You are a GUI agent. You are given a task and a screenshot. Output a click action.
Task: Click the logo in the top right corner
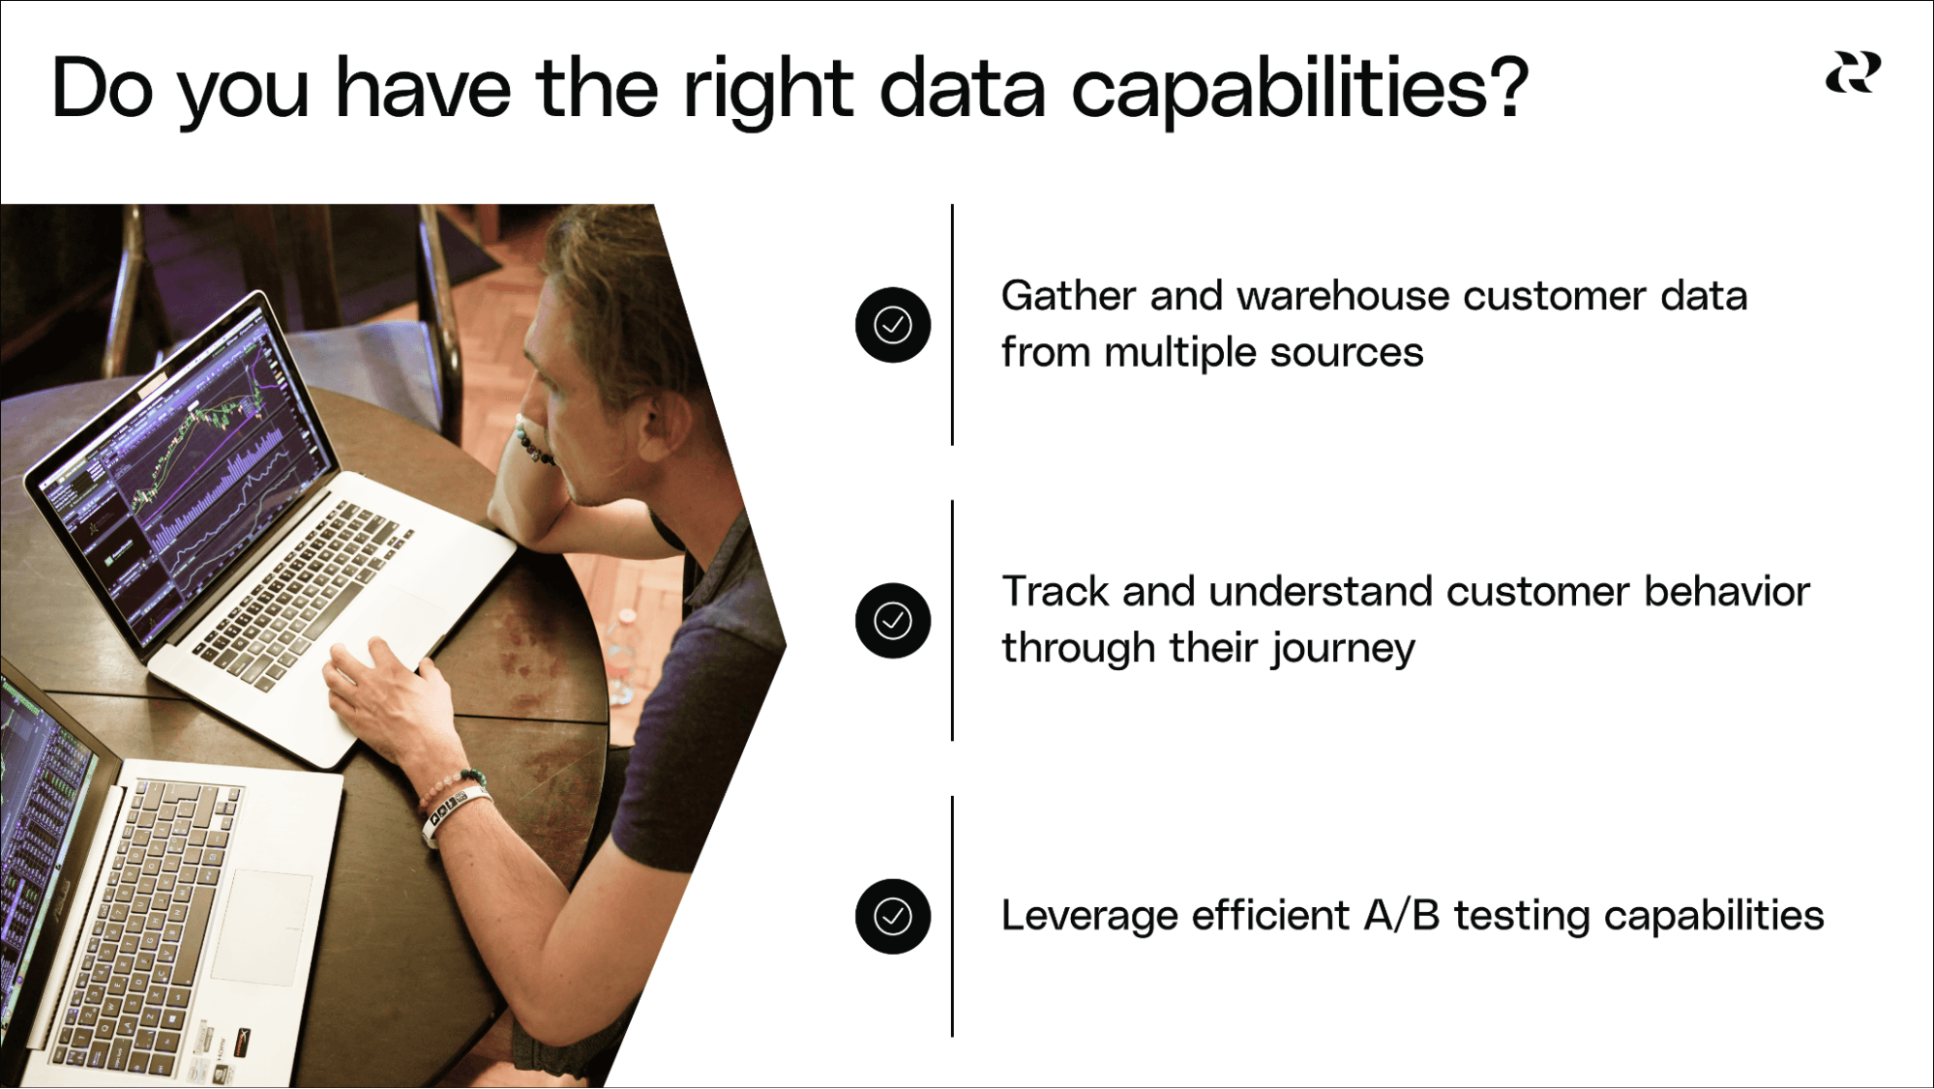point(1853,74)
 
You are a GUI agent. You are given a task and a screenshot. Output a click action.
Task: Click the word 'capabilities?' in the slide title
point(1299,89)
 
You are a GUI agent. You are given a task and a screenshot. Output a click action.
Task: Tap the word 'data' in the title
point(963,89)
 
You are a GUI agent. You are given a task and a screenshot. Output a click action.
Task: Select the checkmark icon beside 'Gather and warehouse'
point(893,325)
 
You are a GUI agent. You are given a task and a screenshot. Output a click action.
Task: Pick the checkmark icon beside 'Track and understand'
point(893,621)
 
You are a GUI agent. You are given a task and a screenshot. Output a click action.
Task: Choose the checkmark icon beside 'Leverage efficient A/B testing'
point(893,916)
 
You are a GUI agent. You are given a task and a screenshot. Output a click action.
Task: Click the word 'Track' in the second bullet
point(1055,591)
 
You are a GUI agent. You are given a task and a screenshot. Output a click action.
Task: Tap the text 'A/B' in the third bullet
point(1402,915)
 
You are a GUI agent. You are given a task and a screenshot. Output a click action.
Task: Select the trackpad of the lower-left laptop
point(261,927)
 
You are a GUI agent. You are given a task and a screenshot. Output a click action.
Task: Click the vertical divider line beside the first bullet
point(952,325)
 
